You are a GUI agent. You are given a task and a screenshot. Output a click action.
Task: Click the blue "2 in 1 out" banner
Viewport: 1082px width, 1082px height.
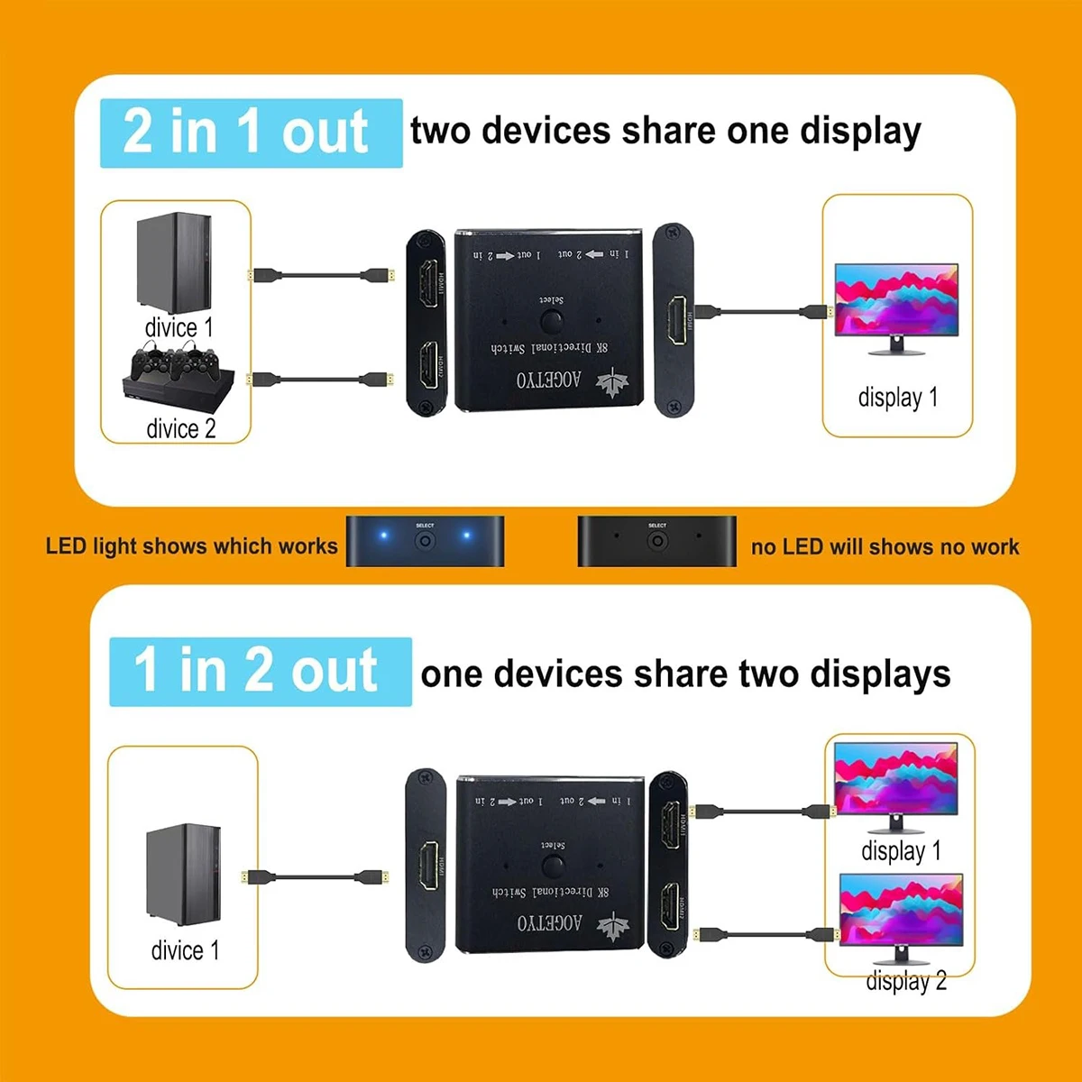tap(251, 133)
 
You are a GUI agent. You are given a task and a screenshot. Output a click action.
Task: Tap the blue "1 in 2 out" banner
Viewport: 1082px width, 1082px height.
tap(260, 672)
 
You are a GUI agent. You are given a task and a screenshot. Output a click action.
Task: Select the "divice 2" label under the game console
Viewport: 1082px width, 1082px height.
tap(181, 428)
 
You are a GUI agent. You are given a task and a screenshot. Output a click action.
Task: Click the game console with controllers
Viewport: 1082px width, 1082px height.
tap(178, 377)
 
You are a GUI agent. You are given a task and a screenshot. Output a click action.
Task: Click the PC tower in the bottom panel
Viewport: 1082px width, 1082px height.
tap(183, 874)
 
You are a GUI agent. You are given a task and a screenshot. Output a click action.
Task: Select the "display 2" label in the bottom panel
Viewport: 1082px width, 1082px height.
tap(906, 981)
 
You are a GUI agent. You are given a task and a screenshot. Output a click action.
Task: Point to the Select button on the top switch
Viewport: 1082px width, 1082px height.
tap(552, 321)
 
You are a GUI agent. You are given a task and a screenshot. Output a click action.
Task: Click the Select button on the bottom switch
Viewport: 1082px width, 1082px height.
tap(553, 867)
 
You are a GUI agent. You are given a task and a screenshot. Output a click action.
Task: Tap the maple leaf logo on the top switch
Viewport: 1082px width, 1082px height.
tap(610, 381)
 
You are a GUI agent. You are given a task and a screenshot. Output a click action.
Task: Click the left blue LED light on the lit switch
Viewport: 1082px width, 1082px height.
tap(383, 536)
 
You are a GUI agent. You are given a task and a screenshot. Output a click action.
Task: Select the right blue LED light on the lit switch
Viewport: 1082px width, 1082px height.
tap(466, 536)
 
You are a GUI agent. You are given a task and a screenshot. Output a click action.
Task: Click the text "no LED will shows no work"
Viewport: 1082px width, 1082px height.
tap(885, 546)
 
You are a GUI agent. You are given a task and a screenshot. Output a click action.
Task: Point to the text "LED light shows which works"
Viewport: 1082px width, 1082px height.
tap(191, 546)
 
